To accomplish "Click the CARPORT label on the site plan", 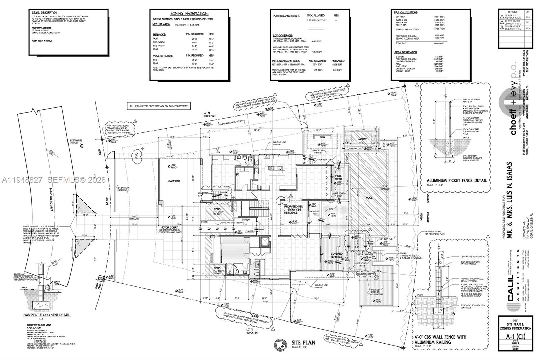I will click(174, 181).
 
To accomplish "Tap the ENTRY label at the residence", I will click(246, 220).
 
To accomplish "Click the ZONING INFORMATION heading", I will click(189, 14).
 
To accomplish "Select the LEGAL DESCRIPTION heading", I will click(45, 12).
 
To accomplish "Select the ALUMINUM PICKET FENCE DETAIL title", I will click(457, 181).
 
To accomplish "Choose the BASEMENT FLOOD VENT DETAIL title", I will click(47, 315).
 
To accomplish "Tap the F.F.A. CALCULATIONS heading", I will click(406, 12).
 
